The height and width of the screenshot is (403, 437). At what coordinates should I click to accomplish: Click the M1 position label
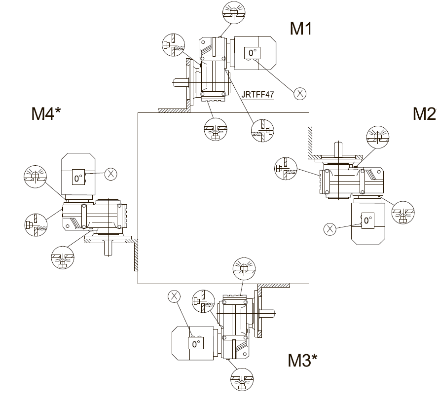(x=301, y=29)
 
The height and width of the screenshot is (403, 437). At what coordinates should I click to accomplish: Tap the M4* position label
(x=46, y=114)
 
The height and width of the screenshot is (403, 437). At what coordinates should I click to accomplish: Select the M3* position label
(x=302, y=361)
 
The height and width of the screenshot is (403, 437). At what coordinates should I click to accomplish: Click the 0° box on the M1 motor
(x=252, y=53)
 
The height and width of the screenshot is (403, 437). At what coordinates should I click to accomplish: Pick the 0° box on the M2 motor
(x=367, y=220)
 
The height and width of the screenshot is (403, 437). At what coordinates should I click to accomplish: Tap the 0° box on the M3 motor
(x=196, y=343)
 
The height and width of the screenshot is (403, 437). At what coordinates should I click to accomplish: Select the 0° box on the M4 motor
(x=78, y=178)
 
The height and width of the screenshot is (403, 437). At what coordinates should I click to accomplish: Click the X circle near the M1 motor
(x=299, y=93)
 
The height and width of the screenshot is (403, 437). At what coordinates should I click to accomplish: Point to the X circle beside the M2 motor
(x=330, y=228)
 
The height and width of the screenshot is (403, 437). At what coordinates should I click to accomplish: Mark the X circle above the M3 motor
(x=174, y=295)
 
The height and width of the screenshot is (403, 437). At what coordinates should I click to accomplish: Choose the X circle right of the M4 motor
(x=111, y=173)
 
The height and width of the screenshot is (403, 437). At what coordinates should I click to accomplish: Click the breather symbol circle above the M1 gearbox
(x=233, y=12)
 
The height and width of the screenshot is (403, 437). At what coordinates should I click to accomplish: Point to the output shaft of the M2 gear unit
(x=338, y=148)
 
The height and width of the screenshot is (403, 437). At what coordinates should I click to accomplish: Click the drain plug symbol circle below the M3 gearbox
(x=243, y=380)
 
